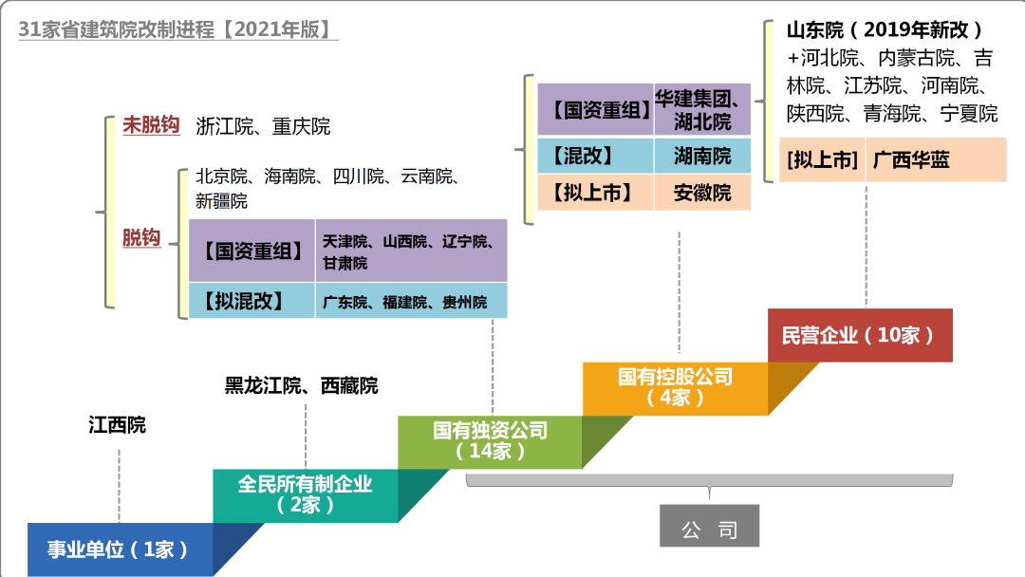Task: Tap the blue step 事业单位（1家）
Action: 119,549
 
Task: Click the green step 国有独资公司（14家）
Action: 490,441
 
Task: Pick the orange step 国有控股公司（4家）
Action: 675,387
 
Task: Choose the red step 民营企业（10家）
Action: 859,335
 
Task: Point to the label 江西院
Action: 118,424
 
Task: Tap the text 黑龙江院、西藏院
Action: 301,385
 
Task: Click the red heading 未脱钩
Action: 151,125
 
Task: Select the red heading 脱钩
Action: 141,238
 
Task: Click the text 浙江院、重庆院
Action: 263,126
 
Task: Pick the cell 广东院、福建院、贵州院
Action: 404,303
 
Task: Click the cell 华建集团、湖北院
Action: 702,109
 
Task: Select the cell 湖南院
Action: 702,156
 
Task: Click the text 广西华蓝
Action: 911,159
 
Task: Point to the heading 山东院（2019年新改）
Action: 885,29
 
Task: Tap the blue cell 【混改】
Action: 595,156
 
